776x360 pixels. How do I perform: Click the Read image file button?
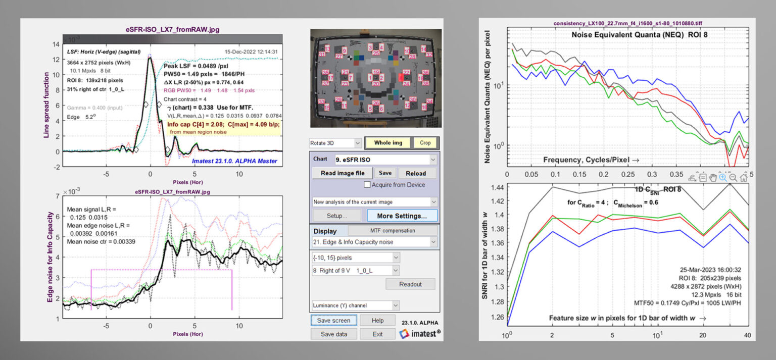click(343, 173)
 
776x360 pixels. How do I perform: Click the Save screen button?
click(333, 320)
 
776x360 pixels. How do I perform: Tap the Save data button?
click(333, 334)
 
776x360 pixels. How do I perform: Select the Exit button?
click(377, 334)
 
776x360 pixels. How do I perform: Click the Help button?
click(377, 320)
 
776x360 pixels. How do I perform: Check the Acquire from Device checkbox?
click(367, 185)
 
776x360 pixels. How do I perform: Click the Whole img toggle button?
click(388, 143)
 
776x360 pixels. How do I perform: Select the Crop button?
click(425, 143)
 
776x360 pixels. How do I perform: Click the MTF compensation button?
click(393, 230)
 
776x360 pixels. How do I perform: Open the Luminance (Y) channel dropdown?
click(356, 305)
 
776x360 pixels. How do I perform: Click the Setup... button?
click(336, 216)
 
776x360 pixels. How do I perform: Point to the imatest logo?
click(419, 333)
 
